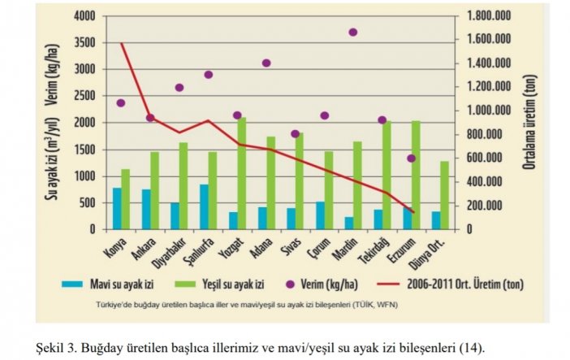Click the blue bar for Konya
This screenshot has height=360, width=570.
(117, 208)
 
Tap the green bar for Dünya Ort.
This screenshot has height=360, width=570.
(445, 195)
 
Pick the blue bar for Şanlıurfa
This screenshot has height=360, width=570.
(204, 206)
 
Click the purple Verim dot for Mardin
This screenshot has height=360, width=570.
(353, 33)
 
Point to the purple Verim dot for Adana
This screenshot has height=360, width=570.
(266, 63)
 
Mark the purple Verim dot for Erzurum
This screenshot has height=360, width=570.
(412, 158)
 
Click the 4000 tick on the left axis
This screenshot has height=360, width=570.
(84, 16)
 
